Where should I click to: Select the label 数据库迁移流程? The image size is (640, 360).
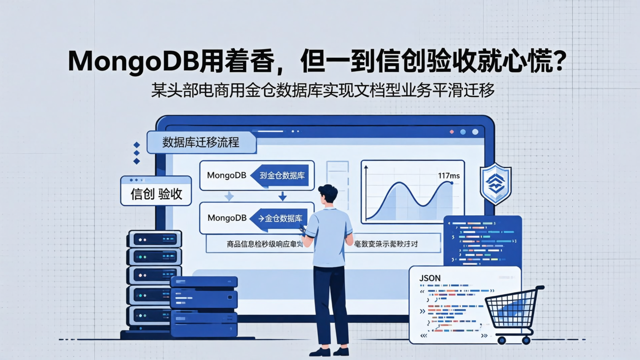(x=201, y=142)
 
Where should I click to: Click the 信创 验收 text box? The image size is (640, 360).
(x=156, y=194)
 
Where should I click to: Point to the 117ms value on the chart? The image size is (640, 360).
(x=448, y=176)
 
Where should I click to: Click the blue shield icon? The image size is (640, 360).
(x=495, y=184)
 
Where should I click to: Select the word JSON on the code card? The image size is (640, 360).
(x=430, y=278)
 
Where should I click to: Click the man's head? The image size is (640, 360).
(x=328, y=193)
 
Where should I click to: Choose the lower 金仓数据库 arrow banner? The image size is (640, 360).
(x=280, y=218)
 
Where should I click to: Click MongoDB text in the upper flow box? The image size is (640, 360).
(x=227, y=176)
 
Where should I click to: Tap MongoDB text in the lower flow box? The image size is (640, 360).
(x=227, y=218)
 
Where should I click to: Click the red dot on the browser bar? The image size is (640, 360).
(x=452, y=132)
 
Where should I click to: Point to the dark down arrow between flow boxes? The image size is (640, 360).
(x=282, y=196)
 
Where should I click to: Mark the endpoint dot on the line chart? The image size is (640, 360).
(x=452, y=183)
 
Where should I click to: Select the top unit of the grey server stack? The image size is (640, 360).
(x=154, y=239)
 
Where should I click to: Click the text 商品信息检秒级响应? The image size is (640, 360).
(x=261, y=244)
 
